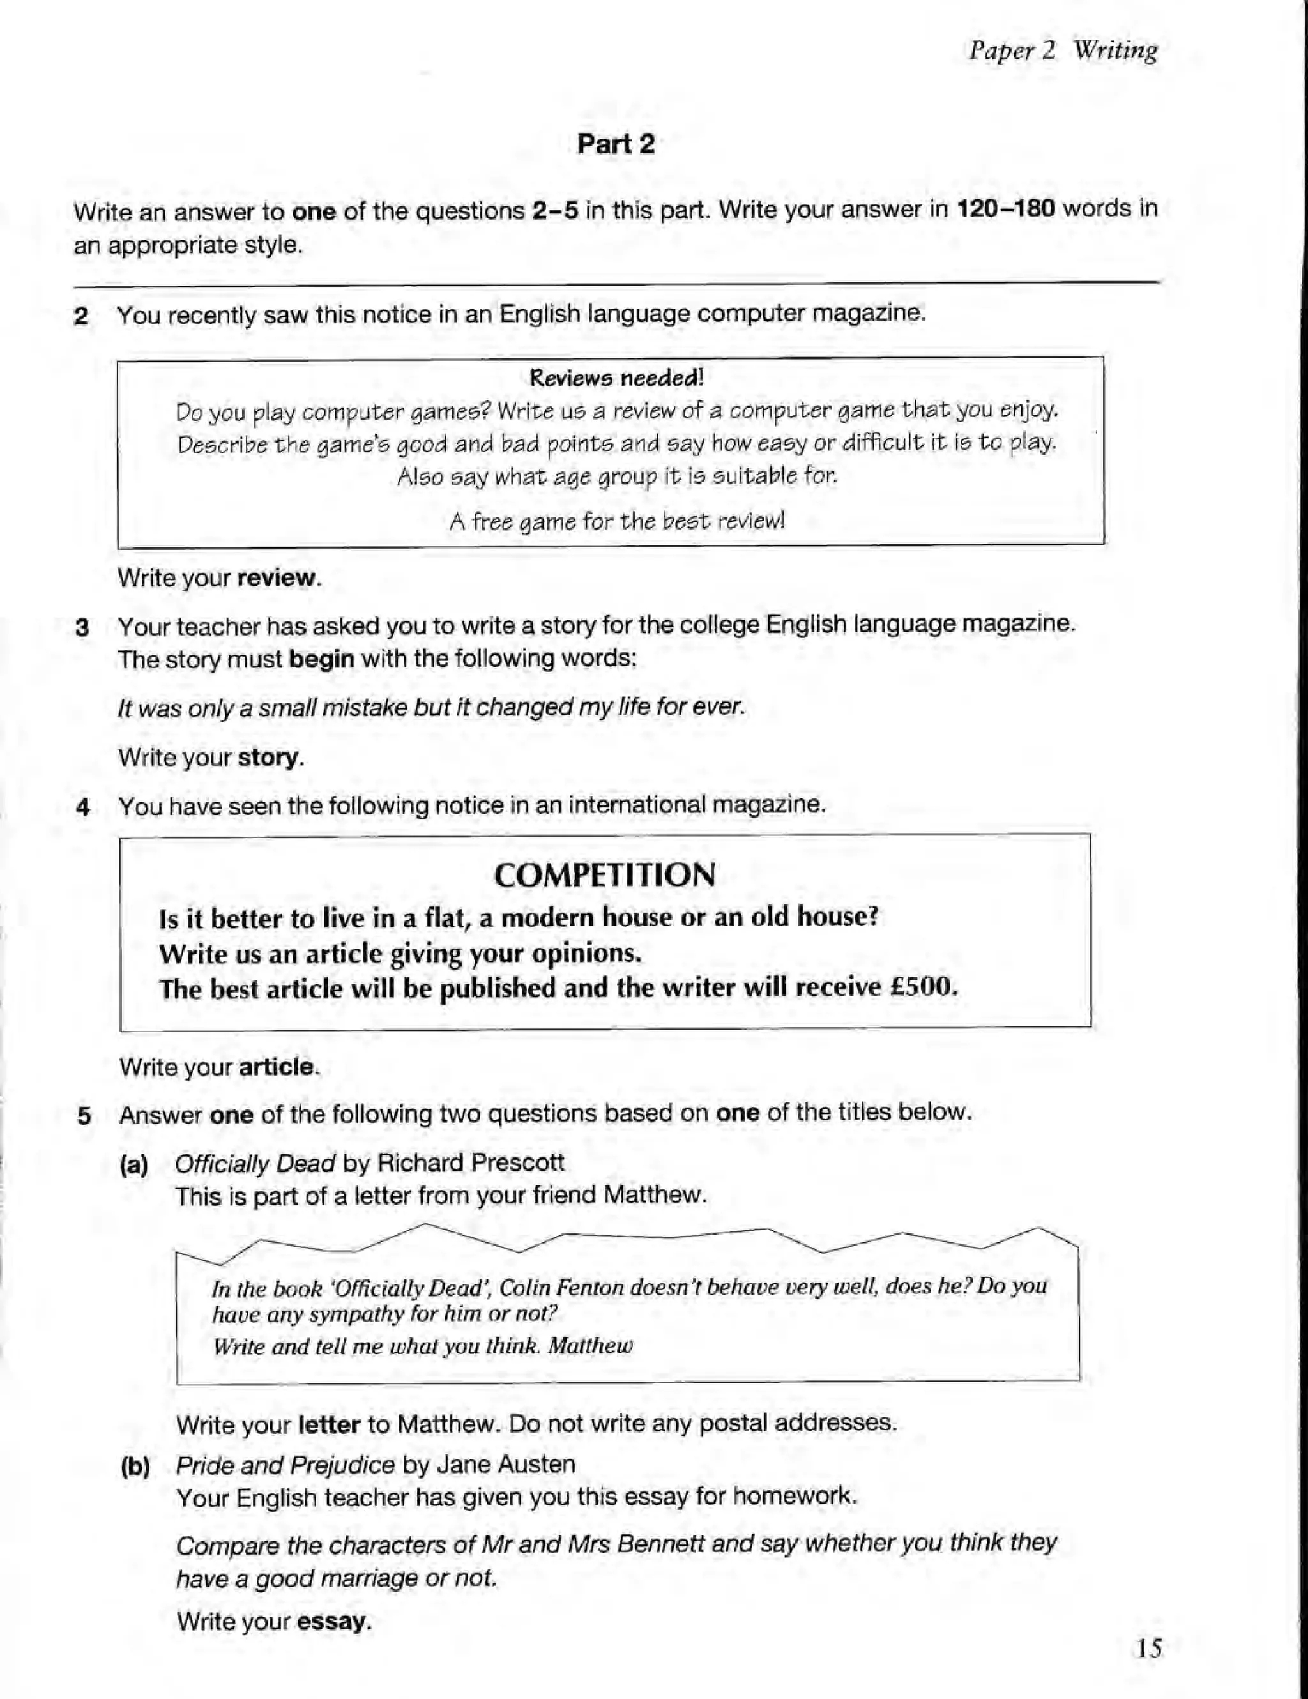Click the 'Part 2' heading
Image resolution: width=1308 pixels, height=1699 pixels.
click(615, 144)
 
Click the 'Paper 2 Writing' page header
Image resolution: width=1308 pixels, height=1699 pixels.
click(1062, 50)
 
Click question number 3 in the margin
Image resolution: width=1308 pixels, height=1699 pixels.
click(82, 627)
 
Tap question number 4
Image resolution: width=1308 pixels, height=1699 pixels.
click(83, 807)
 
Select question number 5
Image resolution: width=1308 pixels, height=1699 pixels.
click(84, 1116)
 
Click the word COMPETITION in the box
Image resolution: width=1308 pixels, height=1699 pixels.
click(604, 875)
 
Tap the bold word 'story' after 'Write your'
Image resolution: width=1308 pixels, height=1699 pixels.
click(268, 757)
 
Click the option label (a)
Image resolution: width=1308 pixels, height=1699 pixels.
click(133, 1164)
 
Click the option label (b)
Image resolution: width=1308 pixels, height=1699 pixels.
click(135, 1467)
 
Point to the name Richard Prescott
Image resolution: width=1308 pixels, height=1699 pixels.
click(471, 1162)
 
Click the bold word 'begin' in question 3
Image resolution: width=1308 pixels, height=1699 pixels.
click(321, 659)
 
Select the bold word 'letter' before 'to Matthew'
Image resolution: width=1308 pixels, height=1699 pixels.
click(329, 1424)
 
